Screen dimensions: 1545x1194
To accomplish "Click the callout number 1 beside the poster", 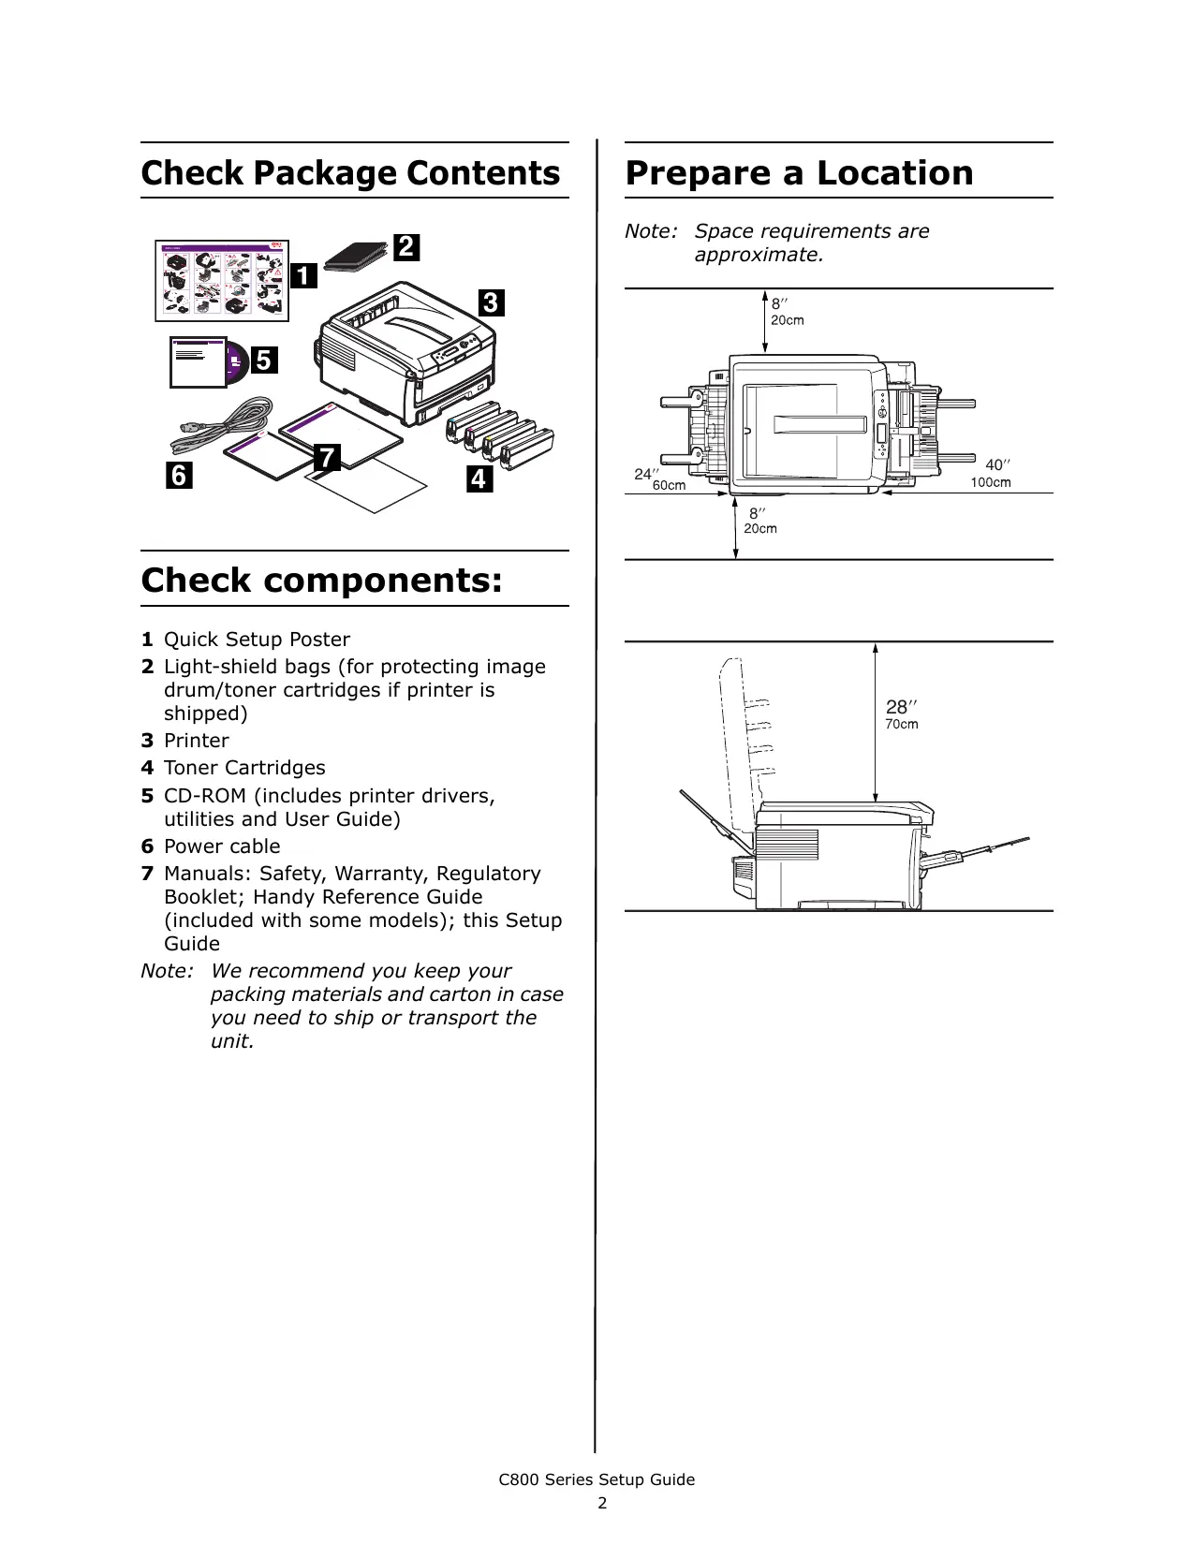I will tap(303, 276).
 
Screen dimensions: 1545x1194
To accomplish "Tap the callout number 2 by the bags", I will tap(405, 247).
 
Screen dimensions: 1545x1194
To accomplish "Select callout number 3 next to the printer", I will tap(491, 303).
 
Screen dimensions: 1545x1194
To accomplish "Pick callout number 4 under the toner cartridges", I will tap(479, 479).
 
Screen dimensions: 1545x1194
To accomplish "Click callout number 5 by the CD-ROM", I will tap(264, 360).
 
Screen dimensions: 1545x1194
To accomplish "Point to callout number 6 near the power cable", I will tap(179, 476).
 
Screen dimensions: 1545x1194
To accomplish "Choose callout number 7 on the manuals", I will tap(326, 458).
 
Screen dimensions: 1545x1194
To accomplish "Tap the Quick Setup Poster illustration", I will tap(222, 281).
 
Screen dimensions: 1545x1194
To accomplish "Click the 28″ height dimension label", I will tap(901, 707).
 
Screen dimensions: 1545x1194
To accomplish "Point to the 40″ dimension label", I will tap(997, 465).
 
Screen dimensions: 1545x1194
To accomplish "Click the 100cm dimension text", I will tap(991, 483).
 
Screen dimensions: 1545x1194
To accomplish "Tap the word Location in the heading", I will tap(894, 173).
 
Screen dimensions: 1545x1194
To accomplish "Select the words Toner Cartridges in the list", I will tap(244, 768).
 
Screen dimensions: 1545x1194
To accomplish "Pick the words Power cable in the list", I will tap(222, 846).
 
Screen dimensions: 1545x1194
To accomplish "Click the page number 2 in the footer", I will tap(602, 1503).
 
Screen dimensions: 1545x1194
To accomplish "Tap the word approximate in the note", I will tap(758, 255).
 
